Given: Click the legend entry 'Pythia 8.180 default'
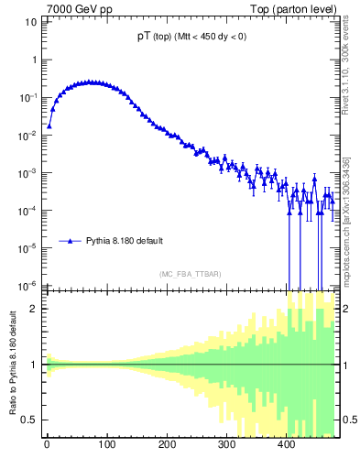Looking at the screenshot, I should pyautogui.click(x=125, y=241).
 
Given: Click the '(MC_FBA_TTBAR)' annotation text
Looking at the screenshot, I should pyautogui.click(x=190, y=274).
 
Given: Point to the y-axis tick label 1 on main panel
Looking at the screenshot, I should pyautogui.click(x=32, y=60).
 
